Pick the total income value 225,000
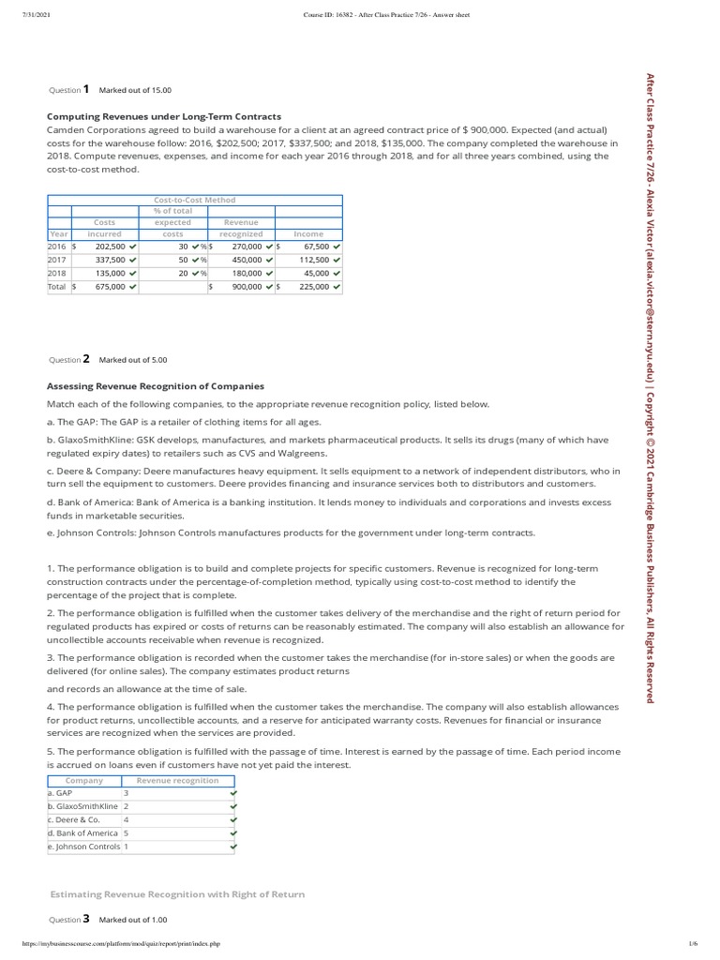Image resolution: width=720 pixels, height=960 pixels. (313, 287)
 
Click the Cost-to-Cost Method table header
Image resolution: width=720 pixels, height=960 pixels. (195, 200)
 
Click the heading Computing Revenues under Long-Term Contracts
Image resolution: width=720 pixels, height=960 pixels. (164, 116)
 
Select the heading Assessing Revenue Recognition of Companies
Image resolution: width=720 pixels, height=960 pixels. (156, 386)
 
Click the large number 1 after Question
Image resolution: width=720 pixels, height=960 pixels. (86, 90)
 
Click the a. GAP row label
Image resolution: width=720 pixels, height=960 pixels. (60, 793)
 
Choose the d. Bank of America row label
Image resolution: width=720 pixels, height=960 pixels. (82, 832)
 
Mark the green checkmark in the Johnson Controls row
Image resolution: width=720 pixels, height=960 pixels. (233, 847)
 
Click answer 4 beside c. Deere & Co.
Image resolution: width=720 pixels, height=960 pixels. (127, 819)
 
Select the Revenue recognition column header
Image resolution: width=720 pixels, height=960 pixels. (177, 780)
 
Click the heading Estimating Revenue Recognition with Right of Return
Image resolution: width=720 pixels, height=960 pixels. (176, 894)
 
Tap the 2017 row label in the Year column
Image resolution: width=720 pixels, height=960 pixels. (57, 260)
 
